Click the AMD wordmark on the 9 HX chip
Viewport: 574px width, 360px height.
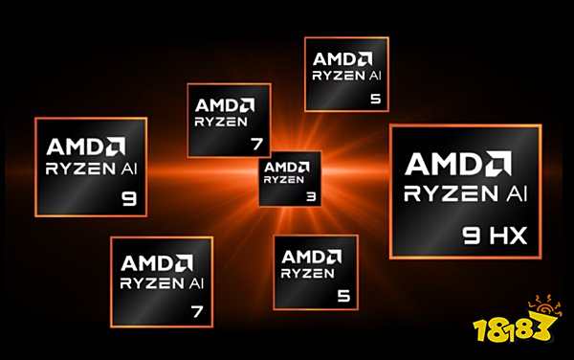458,160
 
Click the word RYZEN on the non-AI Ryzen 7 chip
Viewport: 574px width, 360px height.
222,122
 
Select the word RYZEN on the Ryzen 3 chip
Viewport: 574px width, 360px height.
284,178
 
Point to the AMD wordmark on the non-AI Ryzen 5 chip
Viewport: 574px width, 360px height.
312,256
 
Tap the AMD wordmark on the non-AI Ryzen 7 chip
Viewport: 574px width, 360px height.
224,103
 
